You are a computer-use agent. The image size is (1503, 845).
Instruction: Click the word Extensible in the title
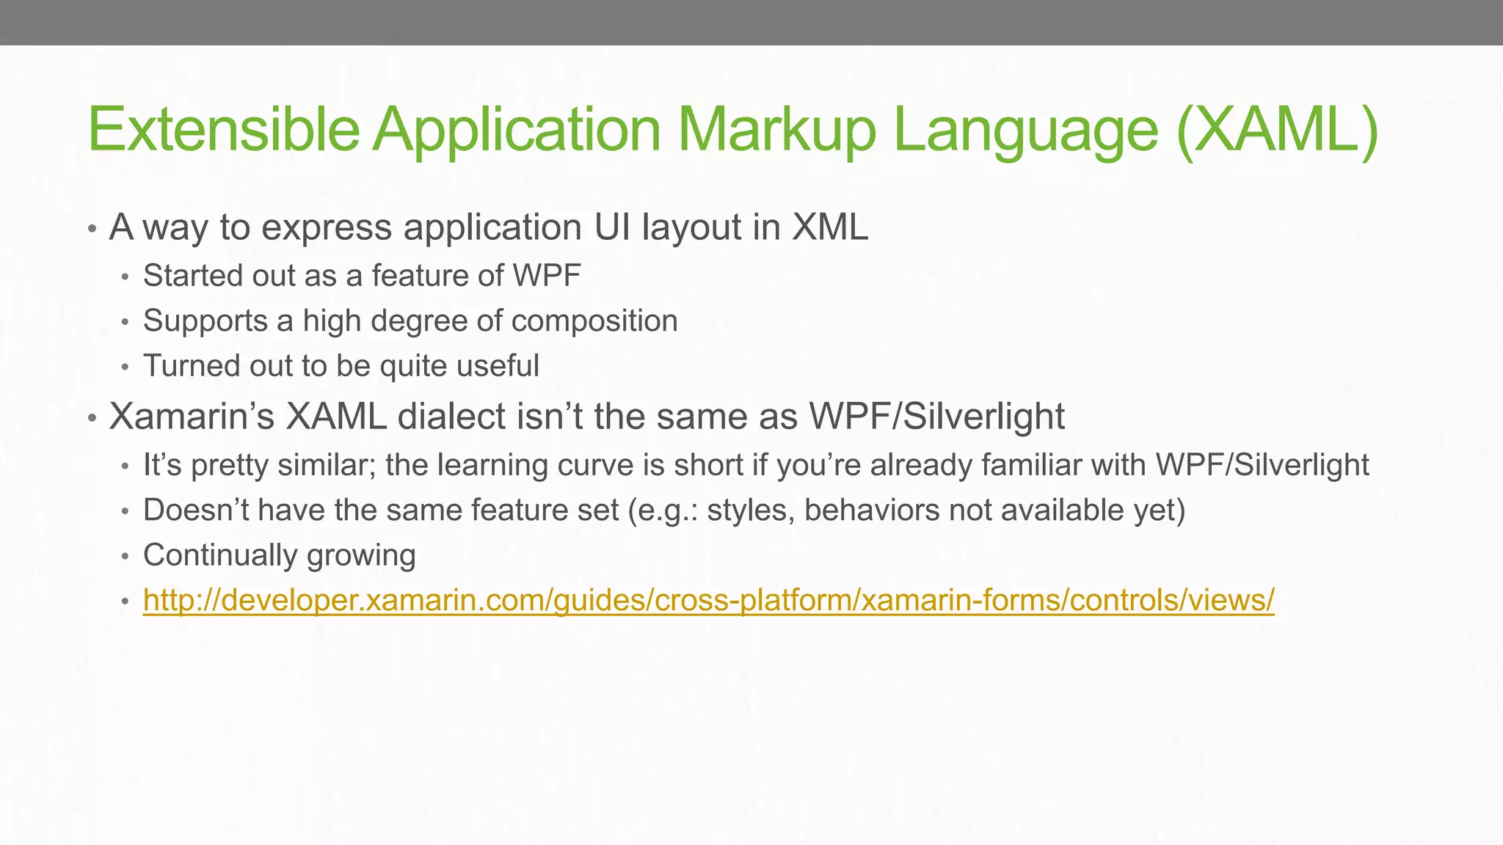pyautogui.click(x=223, y=129)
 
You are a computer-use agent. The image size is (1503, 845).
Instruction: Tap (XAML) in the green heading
pyautogui.click(x=1276, y=129)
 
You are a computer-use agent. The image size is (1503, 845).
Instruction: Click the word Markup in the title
pyautogui.click(x=776, y=129)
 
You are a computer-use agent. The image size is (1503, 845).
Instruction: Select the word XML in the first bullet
pyautogui.click(x=830, y=227)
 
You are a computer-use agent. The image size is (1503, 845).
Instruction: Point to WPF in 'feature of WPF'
pyautogui.click(x=547, y=276)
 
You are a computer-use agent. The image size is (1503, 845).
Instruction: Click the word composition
pyautogui.click(x=594, y=321)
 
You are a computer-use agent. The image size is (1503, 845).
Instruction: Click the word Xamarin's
pyautogui.click(x=192, y=417)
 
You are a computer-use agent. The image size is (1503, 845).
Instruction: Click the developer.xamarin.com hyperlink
pyautogui.click(x=708, y=600)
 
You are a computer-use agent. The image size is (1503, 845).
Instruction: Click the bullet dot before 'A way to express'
pyautogui.click(x=92, y=230)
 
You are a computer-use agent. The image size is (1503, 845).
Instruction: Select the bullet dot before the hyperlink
pyautogui.click(x=125, y=602)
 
